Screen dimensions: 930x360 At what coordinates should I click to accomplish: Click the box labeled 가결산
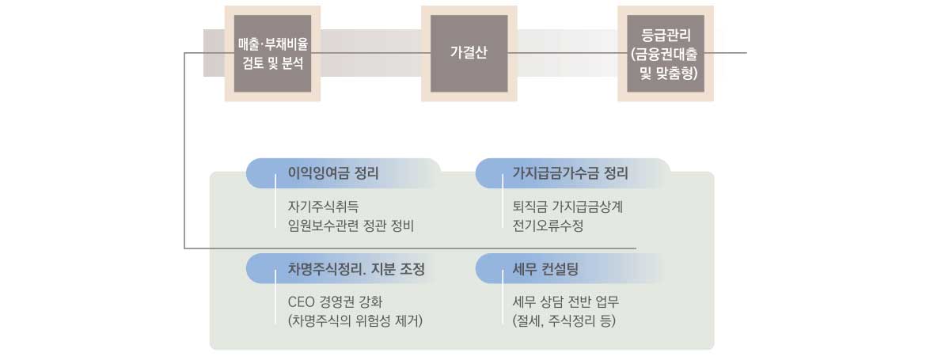pyautogui.click(x=469, y=53)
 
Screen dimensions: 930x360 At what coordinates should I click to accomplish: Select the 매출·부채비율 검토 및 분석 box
pyautogui.click(x=272, y=53)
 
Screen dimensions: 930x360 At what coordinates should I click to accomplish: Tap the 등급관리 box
pyautogui.click(x=666, y=53)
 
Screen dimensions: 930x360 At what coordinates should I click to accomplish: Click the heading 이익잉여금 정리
pyautogui.click(x=333, y=174)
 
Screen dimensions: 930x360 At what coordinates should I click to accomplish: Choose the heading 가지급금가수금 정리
pyautogui.click(x=571, y=174)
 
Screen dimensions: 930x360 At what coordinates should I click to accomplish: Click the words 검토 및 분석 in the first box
pyautogui.click(x=273, y=63)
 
